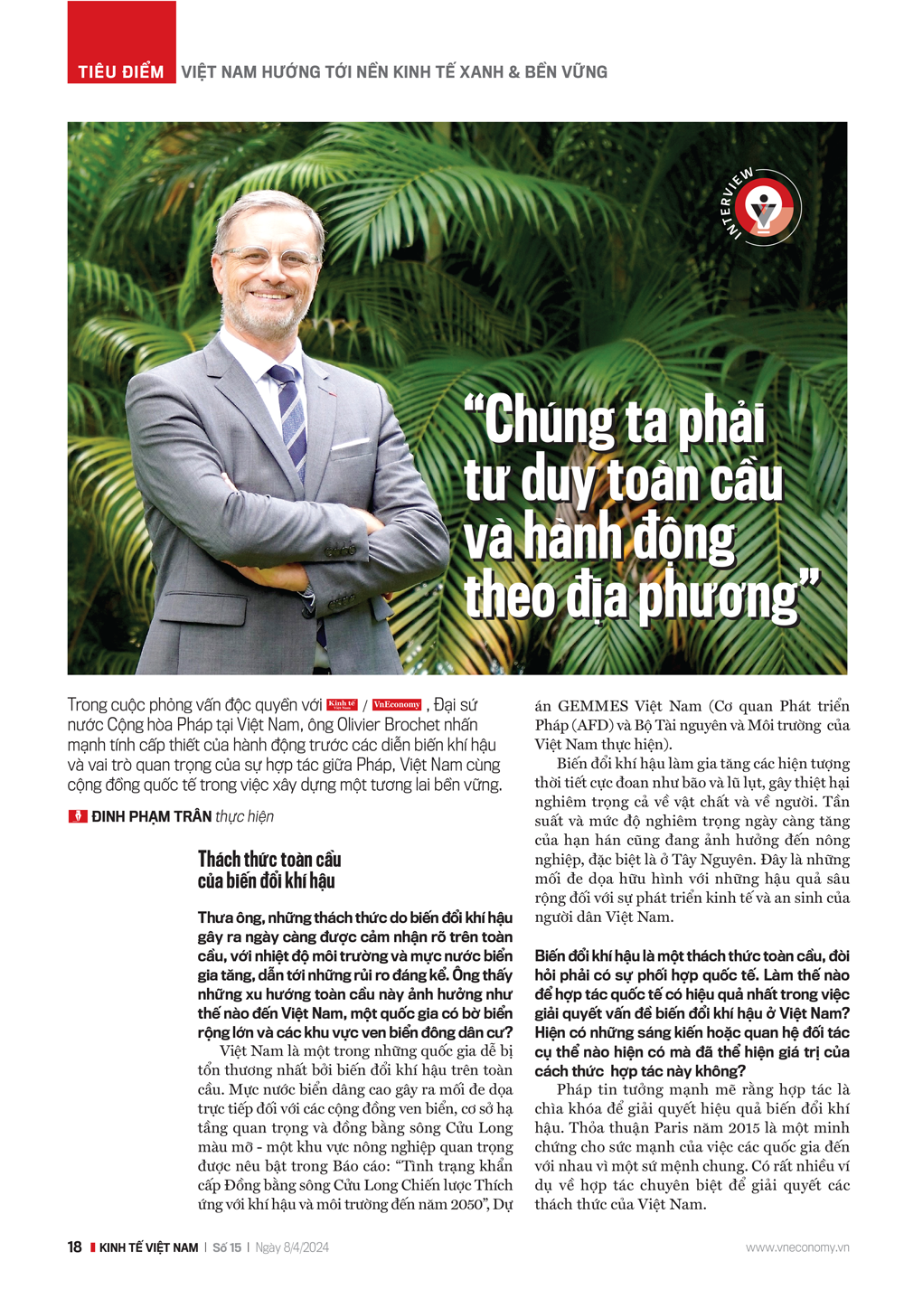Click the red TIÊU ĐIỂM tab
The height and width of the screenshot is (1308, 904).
pyautogui.click(x=121, y=71)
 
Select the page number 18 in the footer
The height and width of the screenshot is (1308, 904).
pyautogui.click(x=74, y=1247)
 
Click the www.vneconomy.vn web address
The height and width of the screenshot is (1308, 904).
pyautogui.click(x=797, y=1247)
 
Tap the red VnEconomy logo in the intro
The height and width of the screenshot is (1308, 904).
pyautogui.click(x=397, y=705)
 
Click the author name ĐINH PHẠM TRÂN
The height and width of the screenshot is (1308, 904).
pyautogui.click(x=152, y=816)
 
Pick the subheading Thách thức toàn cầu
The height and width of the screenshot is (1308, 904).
pyautogui.click(x=269, y=859)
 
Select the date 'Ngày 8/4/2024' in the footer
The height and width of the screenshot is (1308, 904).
pyautogui.click(x=292, y=1247)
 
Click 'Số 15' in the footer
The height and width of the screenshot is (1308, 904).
pyautogui.click(x=227, y=1247)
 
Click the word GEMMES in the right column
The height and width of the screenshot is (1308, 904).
pyautogui.click(x=593, y=706)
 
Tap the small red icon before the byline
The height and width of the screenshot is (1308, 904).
pyautogui.click(x=78, y=816)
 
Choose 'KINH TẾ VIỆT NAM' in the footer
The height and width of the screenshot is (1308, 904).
pyautogui.click(x=149, y=1247)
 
